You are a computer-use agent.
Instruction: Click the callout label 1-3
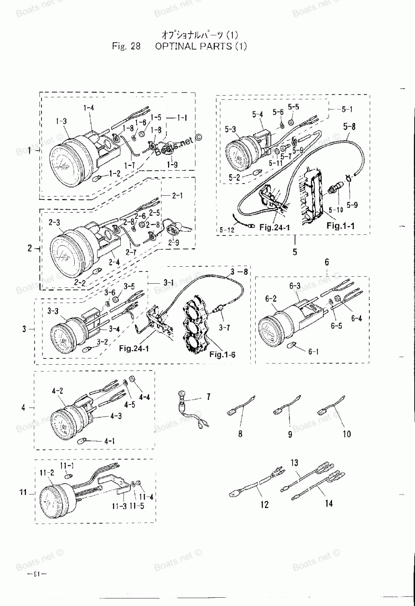tap(61, 121)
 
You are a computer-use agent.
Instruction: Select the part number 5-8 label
tap(350, 126)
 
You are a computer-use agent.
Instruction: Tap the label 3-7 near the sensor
tap(224, 328)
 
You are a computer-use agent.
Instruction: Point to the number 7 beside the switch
tap(208, 397)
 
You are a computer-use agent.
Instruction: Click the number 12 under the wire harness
tap(264, 504)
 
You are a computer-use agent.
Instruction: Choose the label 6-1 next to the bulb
tap(313, 352)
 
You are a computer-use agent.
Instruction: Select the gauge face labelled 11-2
tap(54, 498)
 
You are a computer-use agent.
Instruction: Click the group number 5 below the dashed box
tap(295, 252)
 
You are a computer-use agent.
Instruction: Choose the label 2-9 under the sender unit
tap(174, 243)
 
